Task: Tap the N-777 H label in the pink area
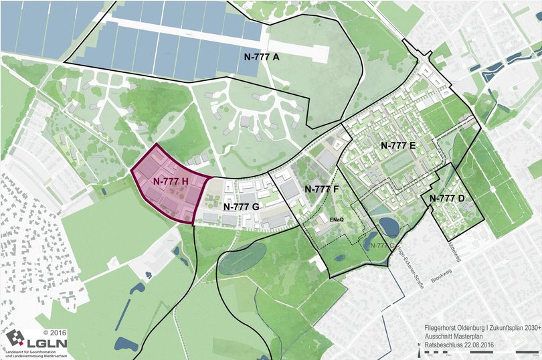[x=170, y=181]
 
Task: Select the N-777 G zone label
[x=241, y=207]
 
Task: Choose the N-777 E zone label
[x=398, y=145]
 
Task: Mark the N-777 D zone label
[x=447, y=199]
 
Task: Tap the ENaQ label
[x=337, y=219]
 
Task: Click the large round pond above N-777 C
[x=389, y=228]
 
